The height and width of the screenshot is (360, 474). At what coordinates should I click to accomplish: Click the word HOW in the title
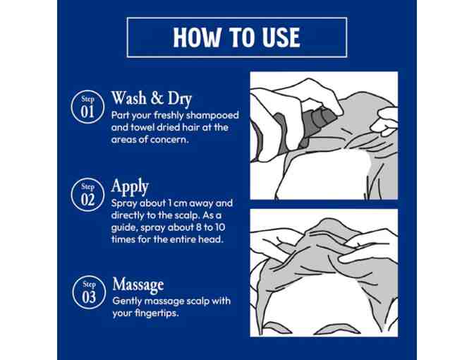click(197, 37)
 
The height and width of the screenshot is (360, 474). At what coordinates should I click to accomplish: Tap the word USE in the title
click(281, 37)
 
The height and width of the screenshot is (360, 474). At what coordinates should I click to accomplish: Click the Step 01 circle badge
click(87, 107)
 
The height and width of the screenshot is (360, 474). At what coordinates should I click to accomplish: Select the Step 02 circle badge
click(87, 195)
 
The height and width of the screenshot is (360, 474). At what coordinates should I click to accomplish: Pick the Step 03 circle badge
click(89, 292)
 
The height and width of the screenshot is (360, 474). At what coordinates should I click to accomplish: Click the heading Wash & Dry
click(152, 98)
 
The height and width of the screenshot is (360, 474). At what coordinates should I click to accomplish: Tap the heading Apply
click(130, 186)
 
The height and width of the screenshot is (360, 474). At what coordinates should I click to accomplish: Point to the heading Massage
click(138, 284)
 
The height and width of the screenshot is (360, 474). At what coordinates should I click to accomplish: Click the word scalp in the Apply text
click(188, 216)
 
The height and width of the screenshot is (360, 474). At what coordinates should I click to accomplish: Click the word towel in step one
click(142, 127)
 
